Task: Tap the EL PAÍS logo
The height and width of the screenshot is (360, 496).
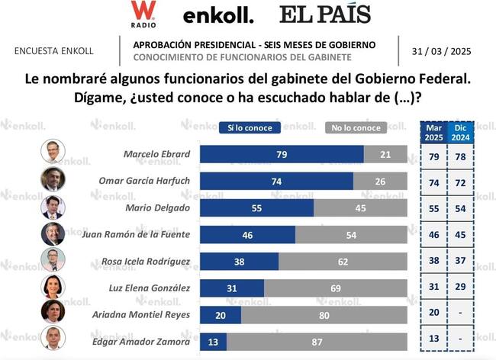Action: (325, 14)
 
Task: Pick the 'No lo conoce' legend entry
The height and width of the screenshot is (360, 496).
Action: (356, 127)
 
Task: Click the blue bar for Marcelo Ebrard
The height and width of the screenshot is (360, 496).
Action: (282, 154)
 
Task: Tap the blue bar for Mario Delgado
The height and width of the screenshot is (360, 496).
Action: (256, 207)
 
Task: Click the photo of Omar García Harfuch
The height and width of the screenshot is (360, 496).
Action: (53, 180)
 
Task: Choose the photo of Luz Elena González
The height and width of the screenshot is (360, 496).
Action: (53, 287)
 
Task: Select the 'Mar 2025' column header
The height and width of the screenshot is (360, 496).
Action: (433, 132)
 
